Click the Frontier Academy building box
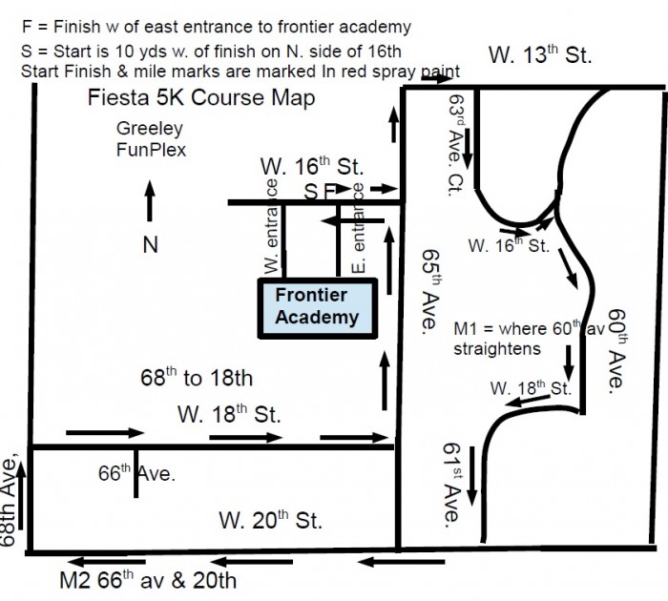tap(318, 308)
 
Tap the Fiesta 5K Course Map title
tap(201, 97)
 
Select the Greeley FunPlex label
tap(151, 139)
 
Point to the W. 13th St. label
tap(540, 54)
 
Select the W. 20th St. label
tap(270, 520)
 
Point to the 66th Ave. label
tap(136, 473)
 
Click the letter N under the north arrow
tap(151, 245)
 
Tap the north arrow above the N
tap(150, 200)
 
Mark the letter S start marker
tap(310, 192)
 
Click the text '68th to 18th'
tap(197, 378)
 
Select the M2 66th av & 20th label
tap(148, 580)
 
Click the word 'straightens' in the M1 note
tap(497, 349)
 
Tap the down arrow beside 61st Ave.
tap(472, 476)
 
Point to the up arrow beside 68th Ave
tap(20, 496)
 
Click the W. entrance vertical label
tap(271, 226)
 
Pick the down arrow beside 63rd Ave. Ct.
tap(468, 148)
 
